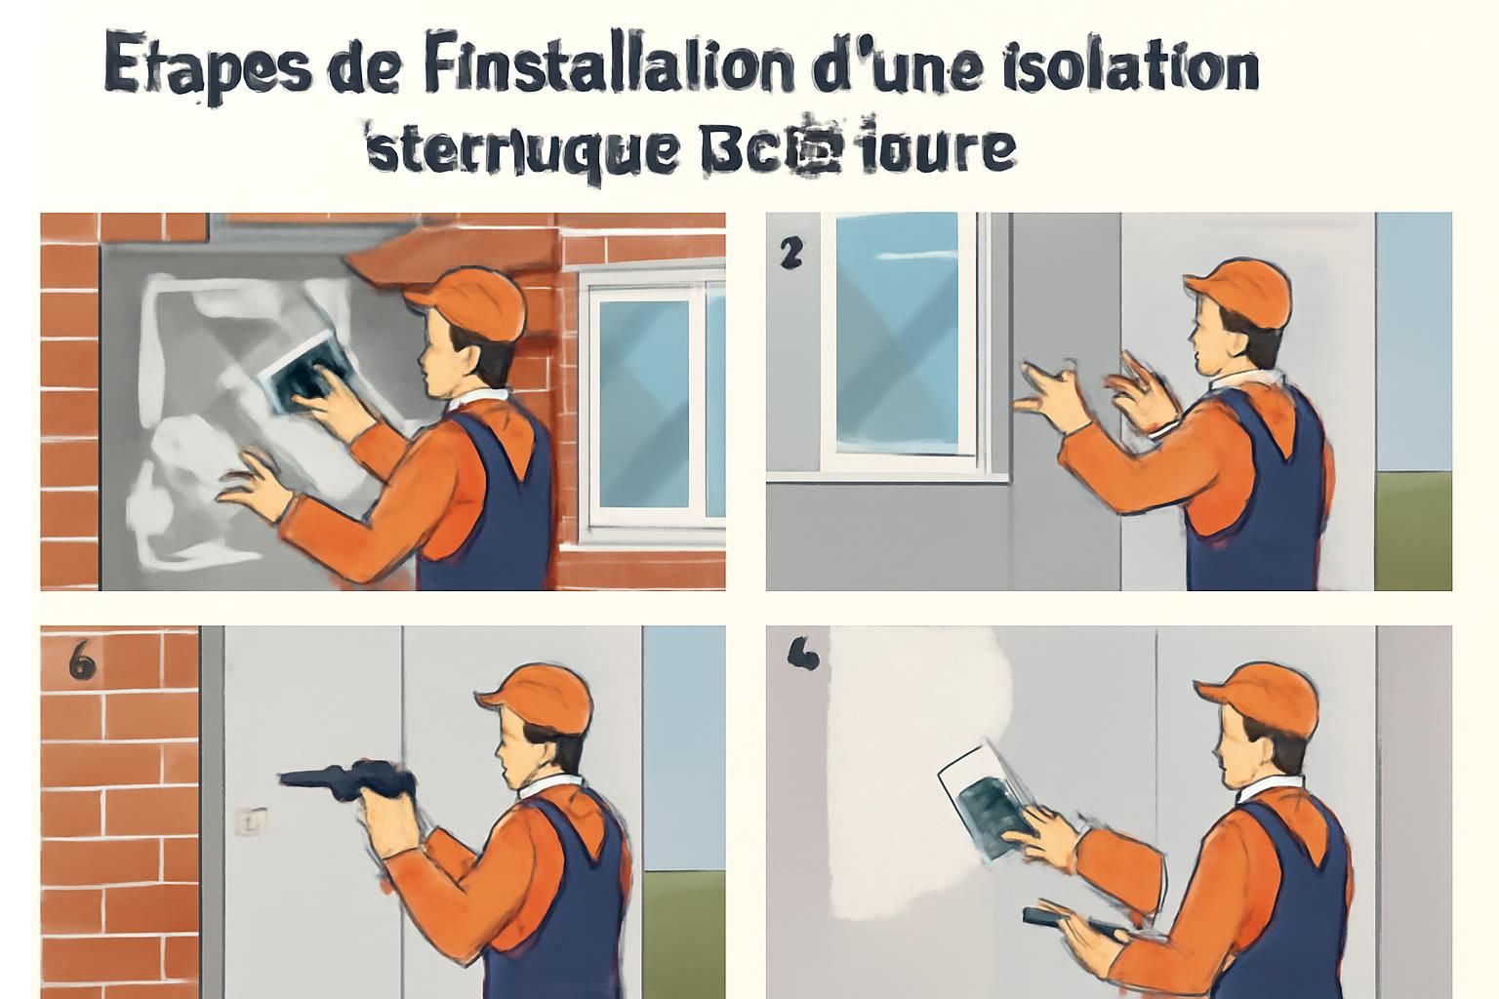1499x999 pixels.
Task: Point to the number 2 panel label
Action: pyautogui.click(x=790, y=254)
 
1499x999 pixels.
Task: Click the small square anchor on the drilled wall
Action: pyautogui.click(x=251, y=821)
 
